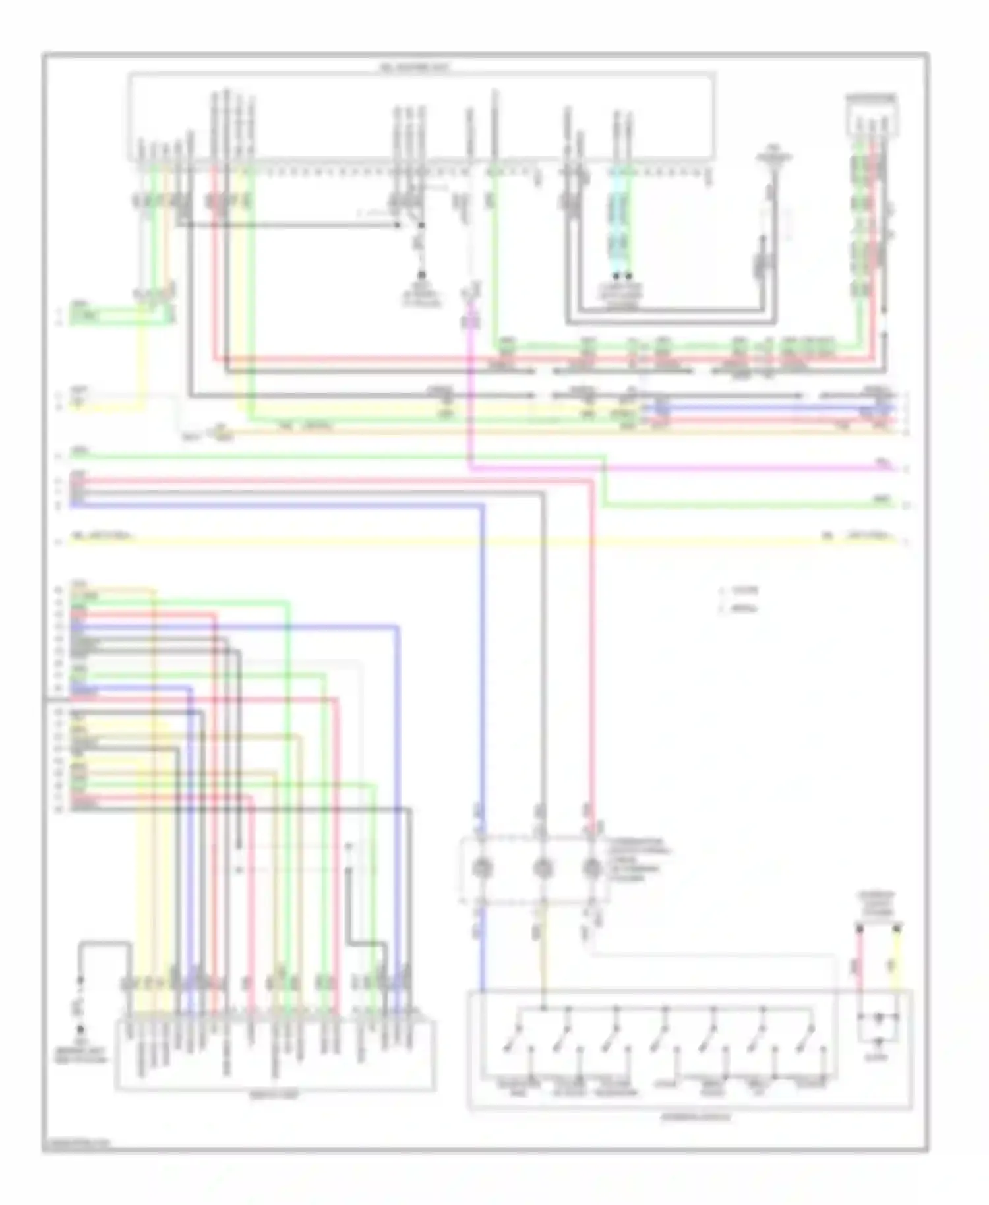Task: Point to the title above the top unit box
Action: (x=414, y=67)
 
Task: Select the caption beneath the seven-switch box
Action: (x=696, y=1117)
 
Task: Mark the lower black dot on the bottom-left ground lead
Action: (x=80, y=1028)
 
